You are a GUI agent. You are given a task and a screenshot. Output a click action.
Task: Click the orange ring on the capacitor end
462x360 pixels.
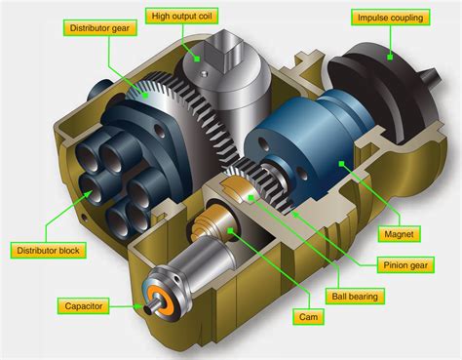click(x=156, y=300)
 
